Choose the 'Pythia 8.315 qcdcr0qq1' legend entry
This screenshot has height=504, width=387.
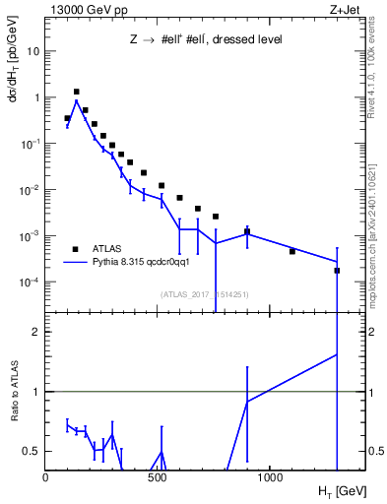tap(139, 263)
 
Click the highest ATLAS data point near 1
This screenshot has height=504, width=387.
tap(76, 92)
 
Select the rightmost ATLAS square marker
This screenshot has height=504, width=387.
tap(337, 270)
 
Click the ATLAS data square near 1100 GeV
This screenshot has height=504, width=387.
tap(292, 251)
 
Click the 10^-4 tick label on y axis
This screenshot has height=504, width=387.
tap(30, 282)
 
